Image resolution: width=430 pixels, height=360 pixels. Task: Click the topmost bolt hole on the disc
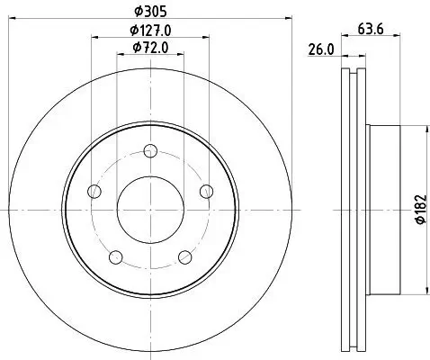[151, 152]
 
